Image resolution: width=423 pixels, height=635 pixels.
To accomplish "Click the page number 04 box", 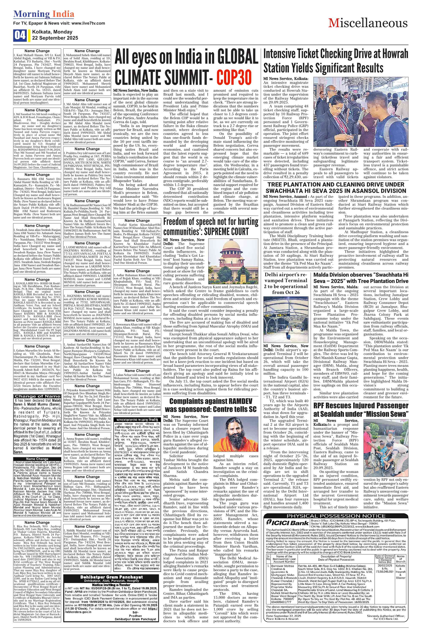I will [x=20, y=35].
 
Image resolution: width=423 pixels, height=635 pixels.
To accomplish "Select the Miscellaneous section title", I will [x=368, y=23].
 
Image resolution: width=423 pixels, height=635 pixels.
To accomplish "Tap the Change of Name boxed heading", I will [x=37, y=396].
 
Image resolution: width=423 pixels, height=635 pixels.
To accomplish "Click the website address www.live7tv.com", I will [x=88, y=23].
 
